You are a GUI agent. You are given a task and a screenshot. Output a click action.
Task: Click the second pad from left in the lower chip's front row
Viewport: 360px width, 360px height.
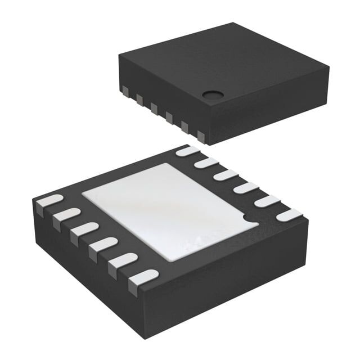pos(67,215)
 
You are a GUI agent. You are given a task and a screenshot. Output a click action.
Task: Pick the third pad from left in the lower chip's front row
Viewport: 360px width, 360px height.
pos(85,229)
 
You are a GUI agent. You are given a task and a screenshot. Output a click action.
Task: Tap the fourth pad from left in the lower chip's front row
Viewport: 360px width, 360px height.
pos(103,244)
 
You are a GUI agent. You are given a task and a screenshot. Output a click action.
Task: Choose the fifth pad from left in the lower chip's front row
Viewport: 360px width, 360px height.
pos(123,260)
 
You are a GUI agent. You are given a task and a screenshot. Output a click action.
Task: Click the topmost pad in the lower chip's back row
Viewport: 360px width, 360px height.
pos(187,151)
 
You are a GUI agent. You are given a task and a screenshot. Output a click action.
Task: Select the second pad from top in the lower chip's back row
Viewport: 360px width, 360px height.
pos(206,163)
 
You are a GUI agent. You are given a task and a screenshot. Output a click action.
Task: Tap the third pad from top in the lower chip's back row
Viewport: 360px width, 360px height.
pos(226,175)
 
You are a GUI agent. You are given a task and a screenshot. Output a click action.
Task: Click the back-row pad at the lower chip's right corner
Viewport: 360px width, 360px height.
pos(289,215)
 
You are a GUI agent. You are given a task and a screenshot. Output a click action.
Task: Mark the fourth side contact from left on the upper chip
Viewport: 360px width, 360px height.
pos(169,117)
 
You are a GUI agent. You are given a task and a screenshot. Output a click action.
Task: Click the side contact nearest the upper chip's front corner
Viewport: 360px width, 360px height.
pos(201,135)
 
